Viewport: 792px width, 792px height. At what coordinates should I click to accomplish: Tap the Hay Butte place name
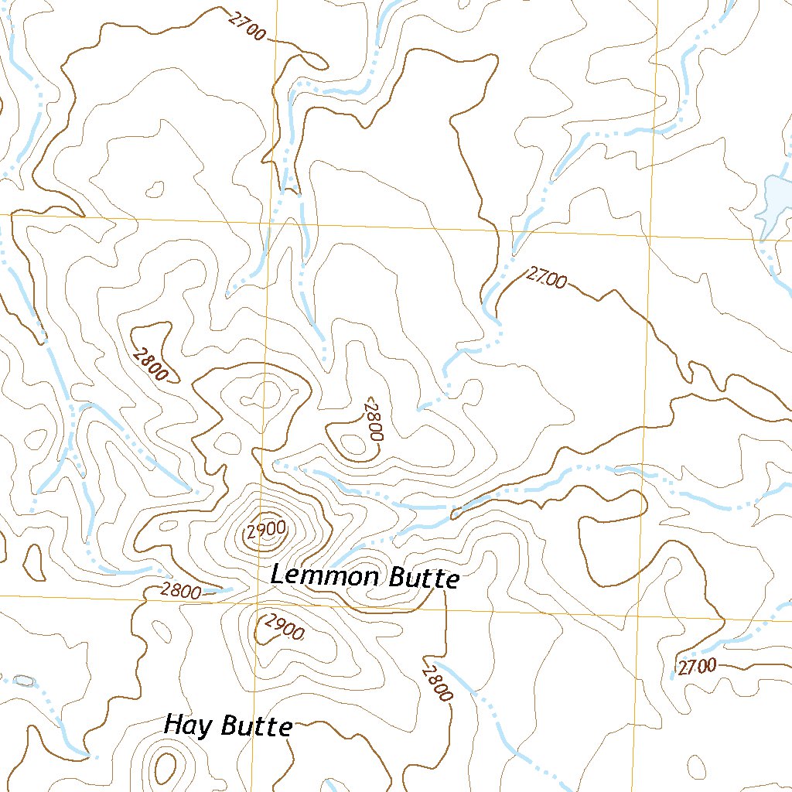(x=228, y=725)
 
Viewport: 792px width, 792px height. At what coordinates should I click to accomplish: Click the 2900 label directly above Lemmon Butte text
(x=267, y=531)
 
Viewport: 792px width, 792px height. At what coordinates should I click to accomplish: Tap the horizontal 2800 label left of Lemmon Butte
(x=182, y=592)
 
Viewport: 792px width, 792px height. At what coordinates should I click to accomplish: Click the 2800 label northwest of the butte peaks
(x=151, y=364)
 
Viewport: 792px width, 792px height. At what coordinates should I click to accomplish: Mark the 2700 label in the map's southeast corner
(x=697, y=666)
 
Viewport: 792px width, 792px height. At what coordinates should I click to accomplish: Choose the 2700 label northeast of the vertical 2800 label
(x=546, y=278)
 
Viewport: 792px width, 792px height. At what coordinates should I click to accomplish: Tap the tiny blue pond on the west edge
(x=23, y=681)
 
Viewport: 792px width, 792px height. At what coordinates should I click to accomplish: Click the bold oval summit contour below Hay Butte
(x=165, y=766)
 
